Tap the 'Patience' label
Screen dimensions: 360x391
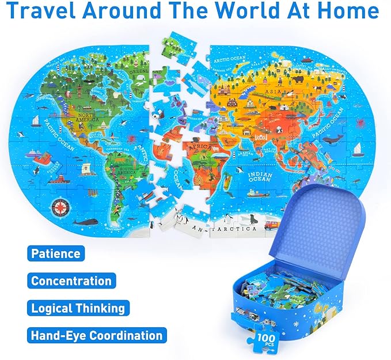55,253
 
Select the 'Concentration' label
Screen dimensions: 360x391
71,281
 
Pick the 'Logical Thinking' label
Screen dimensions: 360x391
78,308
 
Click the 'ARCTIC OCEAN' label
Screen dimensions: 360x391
230,59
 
